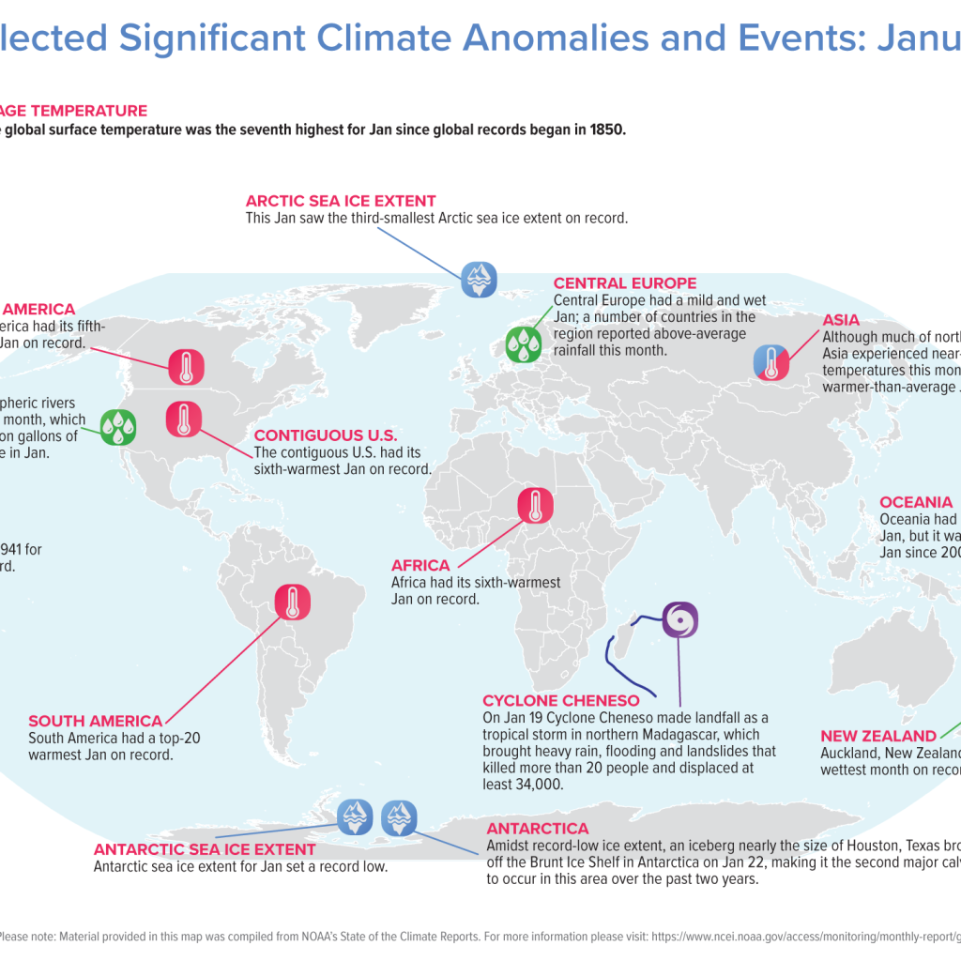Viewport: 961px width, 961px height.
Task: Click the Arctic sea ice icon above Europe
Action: pyautogui.click(x=479, y=278)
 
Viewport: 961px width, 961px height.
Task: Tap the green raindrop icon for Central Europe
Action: pyautogui.click(x=524, y=344)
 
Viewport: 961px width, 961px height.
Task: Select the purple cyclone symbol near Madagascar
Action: pyautogui.click(x=680, y=620)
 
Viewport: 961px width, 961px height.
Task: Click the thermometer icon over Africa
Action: pyautogui.click(x=536, y=506)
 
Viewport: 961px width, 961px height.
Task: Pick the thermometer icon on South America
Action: pyautogui.click(x=293, y=601)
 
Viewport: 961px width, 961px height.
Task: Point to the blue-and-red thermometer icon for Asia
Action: pyautogui.click(x=771, y=361)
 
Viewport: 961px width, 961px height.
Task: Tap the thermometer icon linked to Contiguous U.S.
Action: pyautogui.click(x=184, y=419)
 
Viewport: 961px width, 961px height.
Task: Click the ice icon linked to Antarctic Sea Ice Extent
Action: pyautogui.click(x=355, y=816)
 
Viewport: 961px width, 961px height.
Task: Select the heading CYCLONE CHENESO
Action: pyautogui.click(x=560, y=701)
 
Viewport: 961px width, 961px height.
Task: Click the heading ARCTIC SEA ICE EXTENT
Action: pyautogui.click(x=341, y=201)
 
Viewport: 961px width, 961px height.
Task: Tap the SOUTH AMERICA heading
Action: pyautogui.click(x=95, y=721)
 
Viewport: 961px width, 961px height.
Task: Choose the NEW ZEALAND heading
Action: pyautogui.click(x=878, y=737)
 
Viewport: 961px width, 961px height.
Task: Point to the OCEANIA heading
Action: pyautogui.click(x=915, y=502)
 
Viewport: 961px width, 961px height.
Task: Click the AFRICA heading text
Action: pyautogui.click(x=420, y=566)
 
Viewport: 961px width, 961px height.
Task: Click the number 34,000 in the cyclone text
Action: pyautogui.click(x=536, y=785)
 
